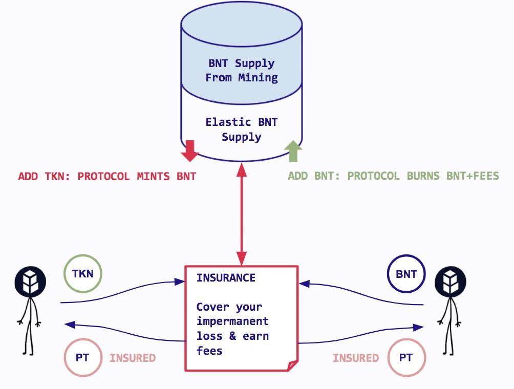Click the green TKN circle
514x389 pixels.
(x=83, y=273)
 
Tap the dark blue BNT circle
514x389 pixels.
(x=406, y=274)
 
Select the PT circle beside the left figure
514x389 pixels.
(x=82, y=357)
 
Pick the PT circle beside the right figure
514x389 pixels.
(x=405, y=357)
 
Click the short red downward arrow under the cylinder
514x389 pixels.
(x=190, y=150)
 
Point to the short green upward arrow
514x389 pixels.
(x=293, y=152)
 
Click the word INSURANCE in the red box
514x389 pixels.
(x=226, y=278)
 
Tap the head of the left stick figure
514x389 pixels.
(x=30, y=280)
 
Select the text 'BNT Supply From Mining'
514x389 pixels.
(x=242, y=71)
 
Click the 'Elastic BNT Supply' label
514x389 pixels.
(x=242, y=129)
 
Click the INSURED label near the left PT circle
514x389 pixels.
(x=133, y=358)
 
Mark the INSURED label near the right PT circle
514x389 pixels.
(x=356, y=358)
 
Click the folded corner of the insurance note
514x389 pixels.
(x=292, y=365)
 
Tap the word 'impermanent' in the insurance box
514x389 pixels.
(x=232, y=321)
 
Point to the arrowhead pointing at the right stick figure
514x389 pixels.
(x=420, y=327)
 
